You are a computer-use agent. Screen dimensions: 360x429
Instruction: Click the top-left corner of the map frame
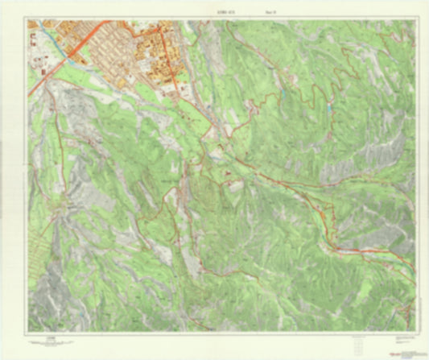point(27,20)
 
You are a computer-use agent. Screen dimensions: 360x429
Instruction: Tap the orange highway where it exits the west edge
point(30,94)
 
